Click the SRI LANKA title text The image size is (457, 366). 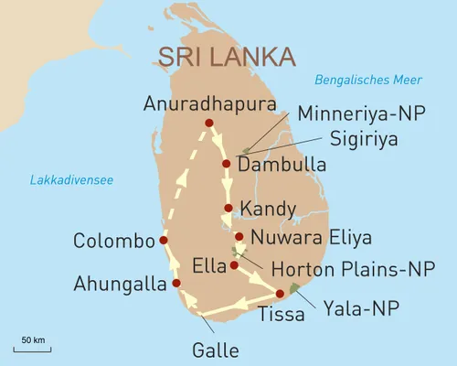coord(227,56)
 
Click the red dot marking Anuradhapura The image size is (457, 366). coord(209,123)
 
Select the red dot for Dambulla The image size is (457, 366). coord(226,164)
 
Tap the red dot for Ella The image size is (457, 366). coord(234,265)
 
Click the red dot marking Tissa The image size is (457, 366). coord(280,294)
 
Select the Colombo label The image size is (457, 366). coord(114,242)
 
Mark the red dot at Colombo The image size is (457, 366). coord(164,241)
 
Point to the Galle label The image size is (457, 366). coord(216,350)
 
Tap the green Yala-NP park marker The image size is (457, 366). coord(293,289)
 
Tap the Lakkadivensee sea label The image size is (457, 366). coord(71,180)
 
